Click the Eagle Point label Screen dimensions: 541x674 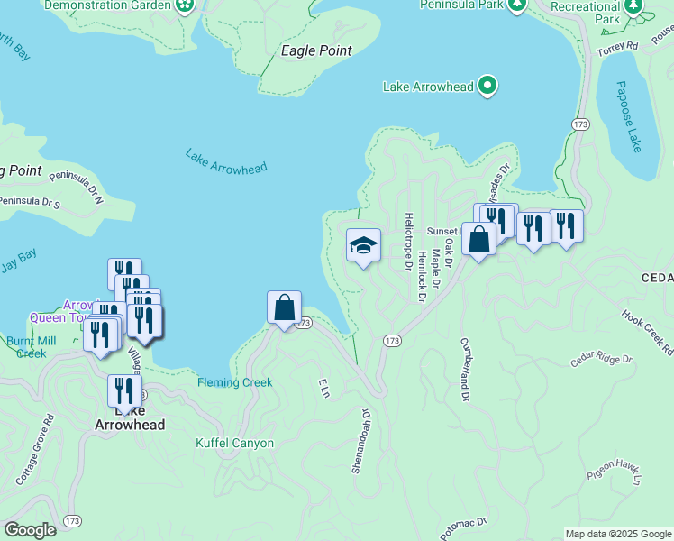point(316,51)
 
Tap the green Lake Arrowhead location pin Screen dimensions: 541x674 point(487,87)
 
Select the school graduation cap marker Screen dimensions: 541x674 point(363,245)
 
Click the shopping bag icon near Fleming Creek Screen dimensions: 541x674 point(285,307)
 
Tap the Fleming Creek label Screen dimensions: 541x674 point(235,382)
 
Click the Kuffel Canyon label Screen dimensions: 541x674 point(234,443)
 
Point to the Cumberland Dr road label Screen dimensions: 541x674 point(465,370)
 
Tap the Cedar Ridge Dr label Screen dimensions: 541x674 point(602,361)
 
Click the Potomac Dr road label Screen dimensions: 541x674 point(463,529)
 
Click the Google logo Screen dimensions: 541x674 point(30,530)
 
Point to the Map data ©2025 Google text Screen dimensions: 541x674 point(617,534)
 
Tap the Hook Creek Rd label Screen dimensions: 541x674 point(647,331)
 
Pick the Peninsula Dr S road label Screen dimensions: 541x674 point(27,203)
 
